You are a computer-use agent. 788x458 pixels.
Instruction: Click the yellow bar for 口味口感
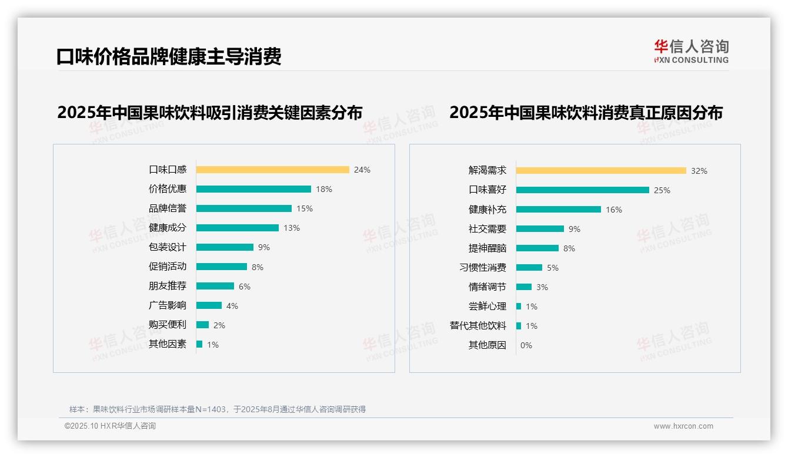[x=272, y=170]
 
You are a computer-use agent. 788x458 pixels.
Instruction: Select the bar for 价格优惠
[x=253, y=189]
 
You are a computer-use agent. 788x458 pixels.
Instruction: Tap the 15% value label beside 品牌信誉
[x=305, y=208]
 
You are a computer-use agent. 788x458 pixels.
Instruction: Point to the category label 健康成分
[x=168, y=227]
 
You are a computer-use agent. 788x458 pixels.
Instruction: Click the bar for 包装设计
[x=225, y=247]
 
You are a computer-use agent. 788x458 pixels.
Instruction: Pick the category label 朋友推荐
[x=168, y=286]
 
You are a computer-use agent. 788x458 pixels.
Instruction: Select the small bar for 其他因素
[x=199, y=344]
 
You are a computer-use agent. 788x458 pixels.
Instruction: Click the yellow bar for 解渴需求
[x=601, y=171]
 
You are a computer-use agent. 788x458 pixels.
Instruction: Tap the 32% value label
[x=699, y=171]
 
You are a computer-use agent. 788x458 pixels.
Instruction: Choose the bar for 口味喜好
[x=583, y=190]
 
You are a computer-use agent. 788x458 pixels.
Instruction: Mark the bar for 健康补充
[x=559, y=210]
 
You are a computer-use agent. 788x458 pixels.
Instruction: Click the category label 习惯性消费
[x=483, y=268]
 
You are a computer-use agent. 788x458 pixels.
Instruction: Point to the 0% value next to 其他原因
[x=526, y=345]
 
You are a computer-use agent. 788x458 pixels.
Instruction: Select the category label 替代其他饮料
[x=478, y=326]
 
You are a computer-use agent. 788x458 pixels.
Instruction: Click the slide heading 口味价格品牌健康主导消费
[x=169, y=56]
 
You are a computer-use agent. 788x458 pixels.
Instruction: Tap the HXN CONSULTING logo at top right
[x=691, y=51]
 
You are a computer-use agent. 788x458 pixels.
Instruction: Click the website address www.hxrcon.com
[x=683, y=426]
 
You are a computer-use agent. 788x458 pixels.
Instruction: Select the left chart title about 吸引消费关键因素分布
[x=209, y=112]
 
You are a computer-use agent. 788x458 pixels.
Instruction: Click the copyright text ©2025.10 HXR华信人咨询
[x=110, y=426]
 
